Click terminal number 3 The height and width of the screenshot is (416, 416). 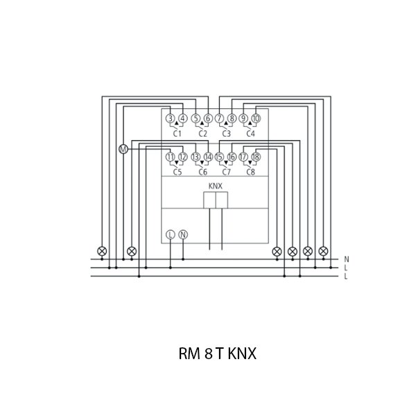click(171, 118)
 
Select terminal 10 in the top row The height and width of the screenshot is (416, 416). click(255, 118)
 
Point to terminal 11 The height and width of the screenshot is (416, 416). click(171, 157)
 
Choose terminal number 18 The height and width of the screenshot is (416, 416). click(255, 157)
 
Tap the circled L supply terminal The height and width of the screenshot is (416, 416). click(171, 234)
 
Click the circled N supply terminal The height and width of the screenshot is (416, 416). click(183, 234)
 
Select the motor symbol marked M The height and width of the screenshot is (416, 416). click(124, 149)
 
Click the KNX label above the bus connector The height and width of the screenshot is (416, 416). click(216, 186)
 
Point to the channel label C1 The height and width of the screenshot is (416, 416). click(177, 133)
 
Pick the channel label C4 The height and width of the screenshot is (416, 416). click(250, 133)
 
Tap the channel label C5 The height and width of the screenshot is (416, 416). click(177, 172)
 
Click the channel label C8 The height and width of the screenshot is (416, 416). click(250, 172)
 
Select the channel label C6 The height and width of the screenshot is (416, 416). click(202, 172)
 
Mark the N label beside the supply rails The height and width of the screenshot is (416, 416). click(346, 259)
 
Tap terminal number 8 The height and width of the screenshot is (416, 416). click(232, 118)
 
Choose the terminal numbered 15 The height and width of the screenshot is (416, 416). click(219, 157)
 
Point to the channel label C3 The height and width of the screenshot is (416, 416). click(226, 133)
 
